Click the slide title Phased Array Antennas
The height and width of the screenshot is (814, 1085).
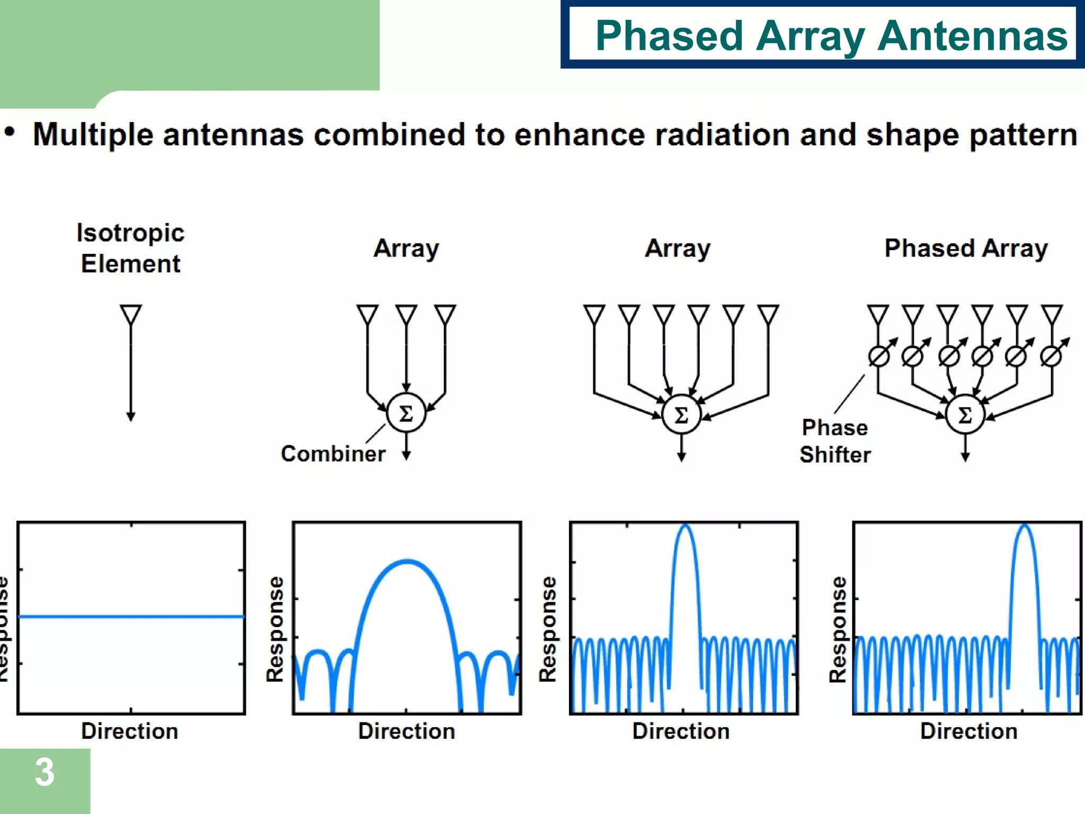pyautogui.click(x=831, y=36)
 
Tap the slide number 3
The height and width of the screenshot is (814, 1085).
pyautogui.click(x=45, y=773)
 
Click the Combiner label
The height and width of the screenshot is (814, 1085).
pyautogui.click(x=333, y=454)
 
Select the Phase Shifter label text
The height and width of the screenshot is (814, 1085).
pyautogui.click(x=835, y=441)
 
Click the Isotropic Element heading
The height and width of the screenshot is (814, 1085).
pyautogui.click(x=130, y=248)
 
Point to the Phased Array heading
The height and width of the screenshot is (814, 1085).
pyautogui.click(x=966, y=248)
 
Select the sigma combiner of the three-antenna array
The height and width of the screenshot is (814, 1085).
pyautogui.click(x=406, y=413)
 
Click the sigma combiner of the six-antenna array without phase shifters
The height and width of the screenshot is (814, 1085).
pyautogui.click(x=681, y=414)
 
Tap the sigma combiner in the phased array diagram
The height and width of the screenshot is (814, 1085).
pyautogui.click(x=965, y=414)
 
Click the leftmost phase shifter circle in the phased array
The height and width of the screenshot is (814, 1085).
pyautogui.click(x=878, y=356)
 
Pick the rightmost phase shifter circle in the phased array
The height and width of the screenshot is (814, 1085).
pyautogui.click(x=1051, y=356)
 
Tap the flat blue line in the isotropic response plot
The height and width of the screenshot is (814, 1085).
pyautogui.click(x=131, y=616)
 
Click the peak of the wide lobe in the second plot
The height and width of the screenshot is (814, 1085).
pyautogui.click(x=407, y=561)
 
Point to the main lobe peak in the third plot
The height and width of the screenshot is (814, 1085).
pyautogui.click(x=686, y=526)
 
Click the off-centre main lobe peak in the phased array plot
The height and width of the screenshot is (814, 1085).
pyautogui.click(x=1025, y=526)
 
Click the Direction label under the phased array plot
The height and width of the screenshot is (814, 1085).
pyautogui.click(x=968, y=731)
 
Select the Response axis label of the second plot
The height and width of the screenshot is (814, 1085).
pyautogui.click(x=275, y=629)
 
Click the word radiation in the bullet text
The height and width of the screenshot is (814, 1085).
pyautogui.click(x=722, y=135)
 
